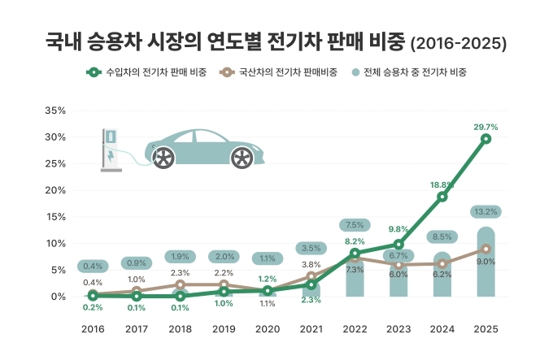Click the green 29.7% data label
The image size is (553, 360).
click(x=486, y=127)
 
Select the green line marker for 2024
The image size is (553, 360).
click(x=442, y=197)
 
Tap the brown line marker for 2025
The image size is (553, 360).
click(x=486, y=249)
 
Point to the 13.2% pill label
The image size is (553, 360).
click(x=486, y=212)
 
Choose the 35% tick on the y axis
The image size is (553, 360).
click(x=54, y=111)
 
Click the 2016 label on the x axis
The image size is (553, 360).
click(x=93, y=329)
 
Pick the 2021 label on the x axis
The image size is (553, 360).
click(x=311, y=329)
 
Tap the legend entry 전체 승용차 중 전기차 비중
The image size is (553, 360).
click(x=415, y=72)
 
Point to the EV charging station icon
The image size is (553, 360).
click(x=110, y=150)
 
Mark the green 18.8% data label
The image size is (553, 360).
click(x=442, y=184)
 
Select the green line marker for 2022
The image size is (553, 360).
click(x=355, y=254)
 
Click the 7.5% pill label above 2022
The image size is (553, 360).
click(x=355, y=225)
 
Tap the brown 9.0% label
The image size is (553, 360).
click(x=486, y=262)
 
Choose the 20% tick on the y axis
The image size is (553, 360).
click(x=54, y=190)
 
